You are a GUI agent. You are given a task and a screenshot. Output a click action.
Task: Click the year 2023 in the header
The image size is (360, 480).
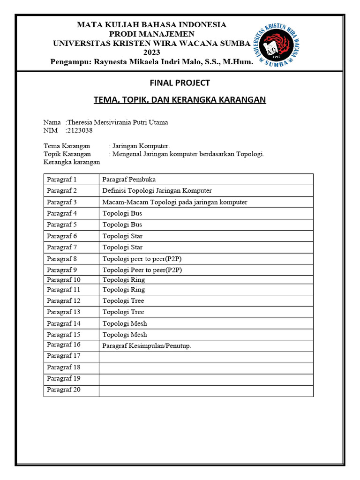(151, 52)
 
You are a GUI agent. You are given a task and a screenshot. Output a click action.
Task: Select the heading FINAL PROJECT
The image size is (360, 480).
(180, 83)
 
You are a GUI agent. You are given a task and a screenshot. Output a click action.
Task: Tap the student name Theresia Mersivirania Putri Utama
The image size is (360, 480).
(118, 122)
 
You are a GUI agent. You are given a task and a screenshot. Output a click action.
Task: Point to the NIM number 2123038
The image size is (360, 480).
(79, 130)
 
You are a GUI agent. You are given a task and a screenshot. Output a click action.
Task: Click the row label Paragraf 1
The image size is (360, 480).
(61, 179)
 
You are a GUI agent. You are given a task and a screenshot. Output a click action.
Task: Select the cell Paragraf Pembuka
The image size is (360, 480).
(129, 179)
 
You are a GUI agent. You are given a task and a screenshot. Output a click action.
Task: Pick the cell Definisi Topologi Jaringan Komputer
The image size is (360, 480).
(157, 190)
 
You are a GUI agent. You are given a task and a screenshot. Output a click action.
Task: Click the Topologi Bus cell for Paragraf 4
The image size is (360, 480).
(122, 213)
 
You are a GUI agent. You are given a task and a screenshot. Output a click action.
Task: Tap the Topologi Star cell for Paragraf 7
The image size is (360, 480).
(123, 247)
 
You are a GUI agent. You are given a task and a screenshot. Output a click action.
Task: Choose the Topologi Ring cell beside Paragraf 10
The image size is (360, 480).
(124, 280)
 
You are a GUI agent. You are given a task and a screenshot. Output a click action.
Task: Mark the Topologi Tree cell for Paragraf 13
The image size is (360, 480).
(123, 312)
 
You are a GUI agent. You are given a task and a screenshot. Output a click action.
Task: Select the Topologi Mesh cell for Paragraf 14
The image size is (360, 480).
(125, 323)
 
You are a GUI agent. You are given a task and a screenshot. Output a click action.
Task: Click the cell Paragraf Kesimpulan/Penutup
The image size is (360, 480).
(147, 346)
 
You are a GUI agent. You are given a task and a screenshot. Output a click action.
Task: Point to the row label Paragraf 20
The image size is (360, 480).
(64, 390)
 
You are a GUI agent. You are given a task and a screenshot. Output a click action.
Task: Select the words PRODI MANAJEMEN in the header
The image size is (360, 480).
(151, 34)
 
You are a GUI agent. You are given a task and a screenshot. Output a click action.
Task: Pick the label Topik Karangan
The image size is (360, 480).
(67, 154)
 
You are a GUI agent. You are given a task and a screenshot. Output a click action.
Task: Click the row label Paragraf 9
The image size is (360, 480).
(61, 270)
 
